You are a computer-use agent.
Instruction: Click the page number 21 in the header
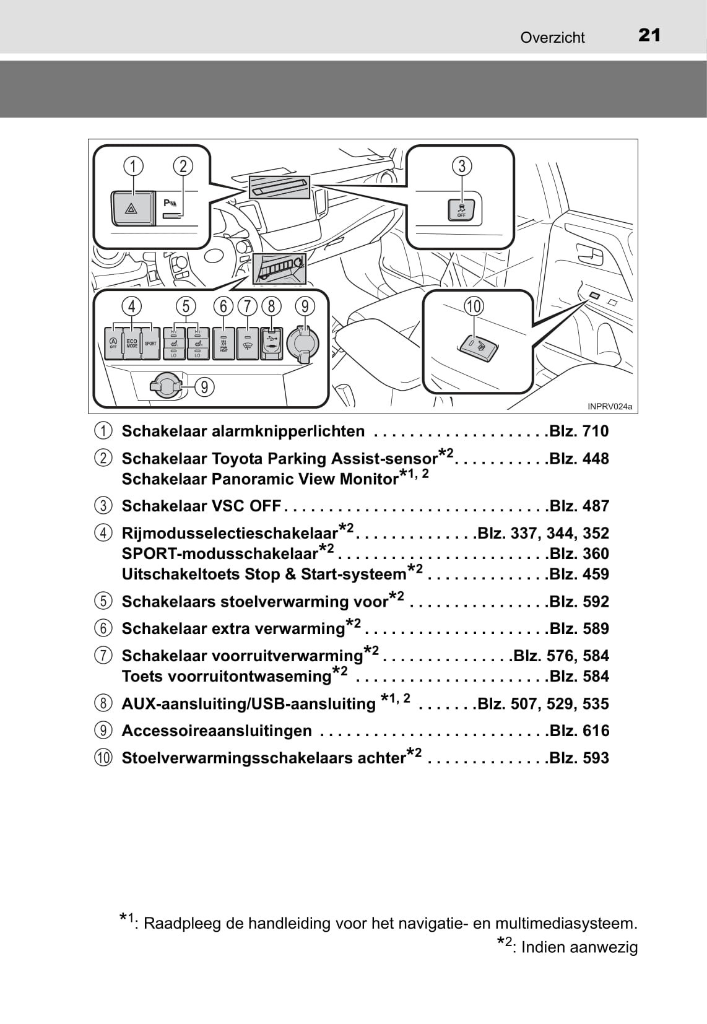tap(649, 35)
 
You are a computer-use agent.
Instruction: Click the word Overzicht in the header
tap(552, 38)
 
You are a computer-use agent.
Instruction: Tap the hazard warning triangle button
tap(131, 209)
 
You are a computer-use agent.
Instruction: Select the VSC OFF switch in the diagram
tap(461, 210)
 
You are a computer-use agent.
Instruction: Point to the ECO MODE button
tap(132, 343)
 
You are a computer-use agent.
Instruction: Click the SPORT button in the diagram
tap(150, 343)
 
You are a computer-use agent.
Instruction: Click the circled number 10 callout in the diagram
tap(474, 306)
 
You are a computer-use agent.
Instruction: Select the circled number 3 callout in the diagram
tap(462, 166)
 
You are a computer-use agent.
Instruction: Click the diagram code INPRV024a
tap(610, 406)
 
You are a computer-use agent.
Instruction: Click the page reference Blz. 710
tap(579, 431)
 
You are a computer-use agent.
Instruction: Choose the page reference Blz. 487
tap(579, 506)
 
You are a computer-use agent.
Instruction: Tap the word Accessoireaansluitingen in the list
tap(217, 731)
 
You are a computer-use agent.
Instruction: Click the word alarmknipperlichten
tap(288, 431)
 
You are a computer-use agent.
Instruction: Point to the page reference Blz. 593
tap(579, 758)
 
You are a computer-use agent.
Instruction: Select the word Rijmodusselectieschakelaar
tap(230, 533)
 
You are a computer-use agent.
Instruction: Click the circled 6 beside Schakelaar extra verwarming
tap(103, 628)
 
